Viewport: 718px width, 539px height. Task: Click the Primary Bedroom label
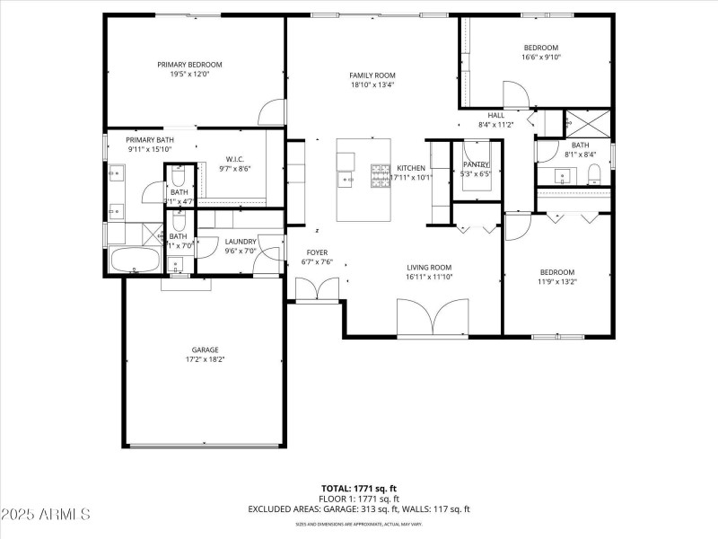tap(189, 65)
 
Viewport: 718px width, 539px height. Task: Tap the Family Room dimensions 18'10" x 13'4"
tap(372, 85)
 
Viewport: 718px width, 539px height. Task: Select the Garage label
tap(205, 349)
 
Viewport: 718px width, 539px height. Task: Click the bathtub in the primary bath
tap(135, 261)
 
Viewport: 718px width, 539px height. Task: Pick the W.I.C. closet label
tap(234, 158)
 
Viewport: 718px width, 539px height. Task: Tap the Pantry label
tap(476, 164)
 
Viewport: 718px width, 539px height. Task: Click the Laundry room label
tap(241, 241)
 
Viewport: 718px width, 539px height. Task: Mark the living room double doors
tap(433, 319)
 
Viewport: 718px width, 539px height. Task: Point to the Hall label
tap(495, 115)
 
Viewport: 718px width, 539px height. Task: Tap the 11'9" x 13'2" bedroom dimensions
tap(556, 282)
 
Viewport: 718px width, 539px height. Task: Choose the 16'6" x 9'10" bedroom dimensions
tap(540, 57)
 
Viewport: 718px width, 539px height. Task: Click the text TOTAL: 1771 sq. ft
tap(358, 488)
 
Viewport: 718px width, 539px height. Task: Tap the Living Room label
tap(428, 267)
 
